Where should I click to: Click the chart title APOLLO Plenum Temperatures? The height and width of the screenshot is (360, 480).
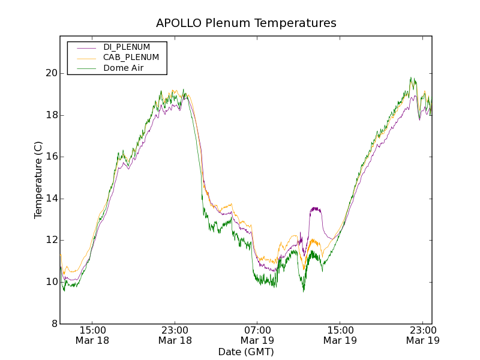point(246,23)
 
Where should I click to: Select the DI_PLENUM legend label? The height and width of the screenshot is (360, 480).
point(127,47)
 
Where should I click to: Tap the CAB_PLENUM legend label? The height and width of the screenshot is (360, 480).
point(131,58)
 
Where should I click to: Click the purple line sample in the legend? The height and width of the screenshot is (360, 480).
point(86,47)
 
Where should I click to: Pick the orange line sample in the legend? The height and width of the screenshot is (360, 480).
point(86,58)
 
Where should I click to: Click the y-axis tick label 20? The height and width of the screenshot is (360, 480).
point(51,73)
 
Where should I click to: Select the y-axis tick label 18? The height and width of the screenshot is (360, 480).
point(51,115)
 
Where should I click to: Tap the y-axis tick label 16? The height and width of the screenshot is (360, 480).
point(51,157)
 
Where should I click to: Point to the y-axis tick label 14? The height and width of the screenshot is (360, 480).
point(51,199)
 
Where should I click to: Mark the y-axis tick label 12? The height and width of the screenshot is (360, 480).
point(51,240)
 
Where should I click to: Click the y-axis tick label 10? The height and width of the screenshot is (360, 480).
point(51,282)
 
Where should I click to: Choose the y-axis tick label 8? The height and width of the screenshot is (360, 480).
point(54,323)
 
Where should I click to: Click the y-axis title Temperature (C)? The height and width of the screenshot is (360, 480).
point(38,180)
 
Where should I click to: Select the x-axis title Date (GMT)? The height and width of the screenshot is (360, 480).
point(246,352)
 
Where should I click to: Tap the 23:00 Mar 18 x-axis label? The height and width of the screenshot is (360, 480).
point(175,335)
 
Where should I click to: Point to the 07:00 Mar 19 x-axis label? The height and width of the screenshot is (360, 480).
point(257,335)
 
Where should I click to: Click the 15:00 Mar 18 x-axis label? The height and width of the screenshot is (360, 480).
point(93,335)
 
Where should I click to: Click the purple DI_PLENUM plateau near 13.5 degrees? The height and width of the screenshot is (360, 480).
point(316,209)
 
